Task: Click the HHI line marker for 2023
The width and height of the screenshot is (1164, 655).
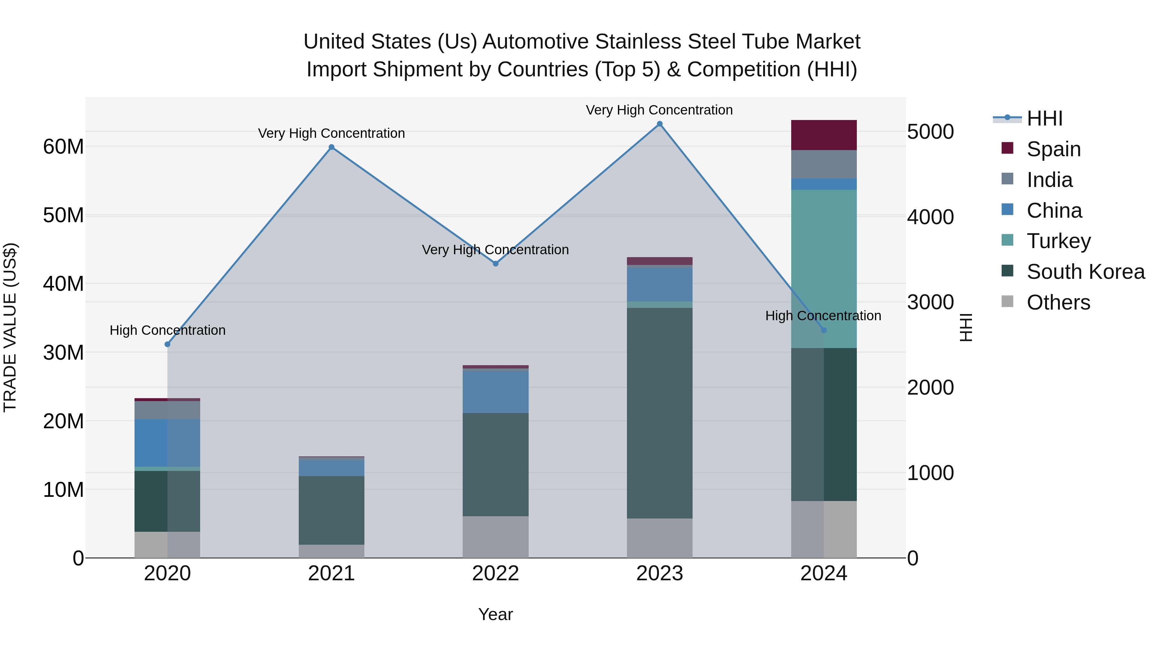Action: coord(659,124)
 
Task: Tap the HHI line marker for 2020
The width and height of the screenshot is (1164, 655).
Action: coord(167,344)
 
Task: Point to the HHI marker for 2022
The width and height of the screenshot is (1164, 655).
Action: coord(495,264)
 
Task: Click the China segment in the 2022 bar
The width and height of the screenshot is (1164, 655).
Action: coord(495,391)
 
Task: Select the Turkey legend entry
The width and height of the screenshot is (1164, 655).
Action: coord(1058,241)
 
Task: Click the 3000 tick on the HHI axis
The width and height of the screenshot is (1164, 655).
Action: coord(930,302)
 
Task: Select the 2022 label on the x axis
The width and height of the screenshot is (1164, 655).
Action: coord(495,573)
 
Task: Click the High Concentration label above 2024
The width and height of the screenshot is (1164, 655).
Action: coord(823,315)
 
